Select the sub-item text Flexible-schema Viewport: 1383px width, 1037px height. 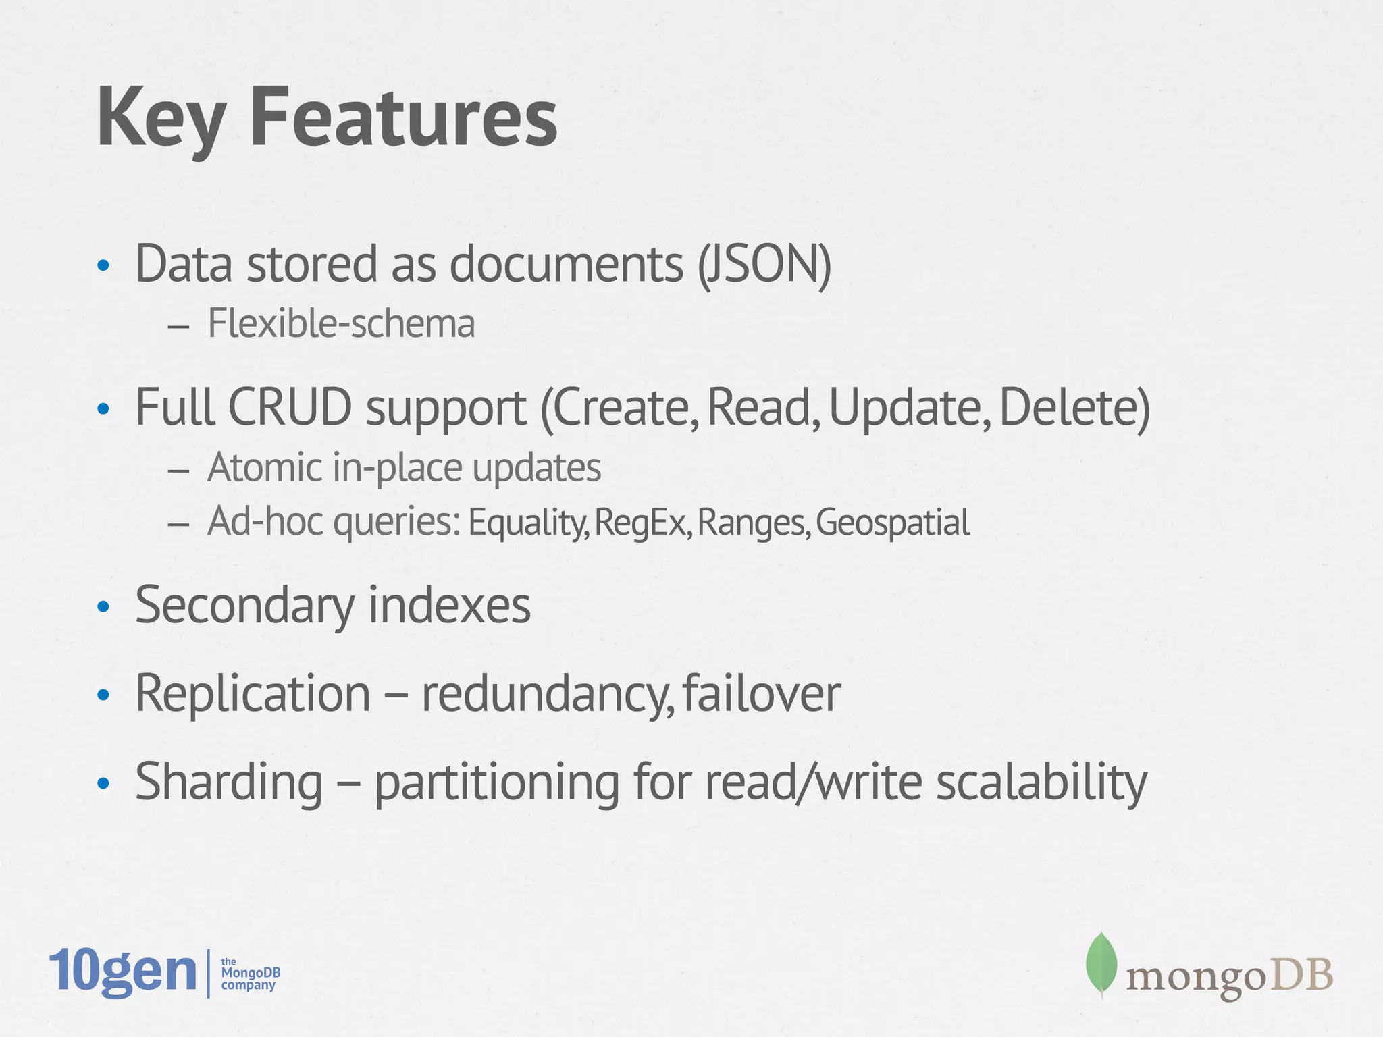(341, 323)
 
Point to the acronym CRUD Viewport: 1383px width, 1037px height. (290, 408)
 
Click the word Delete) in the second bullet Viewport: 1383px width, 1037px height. (1074, 408)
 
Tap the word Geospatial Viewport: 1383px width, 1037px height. (893, 523)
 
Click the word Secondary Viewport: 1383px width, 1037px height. (244, 606)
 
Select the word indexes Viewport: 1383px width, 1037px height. (449, 606)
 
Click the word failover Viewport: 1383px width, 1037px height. (762, 693)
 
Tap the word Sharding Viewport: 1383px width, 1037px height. (229, 782)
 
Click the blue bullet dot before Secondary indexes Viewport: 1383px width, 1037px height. (103, 607)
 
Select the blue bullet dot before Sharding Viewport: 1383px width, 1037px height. (103, 784)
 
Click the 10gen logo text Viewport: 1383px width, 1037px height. (122, 972)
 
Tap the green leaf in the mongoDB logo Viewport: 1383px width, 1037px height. (1101, 963)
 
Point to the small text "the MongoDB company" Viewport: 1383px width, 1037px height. (250, 974)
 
